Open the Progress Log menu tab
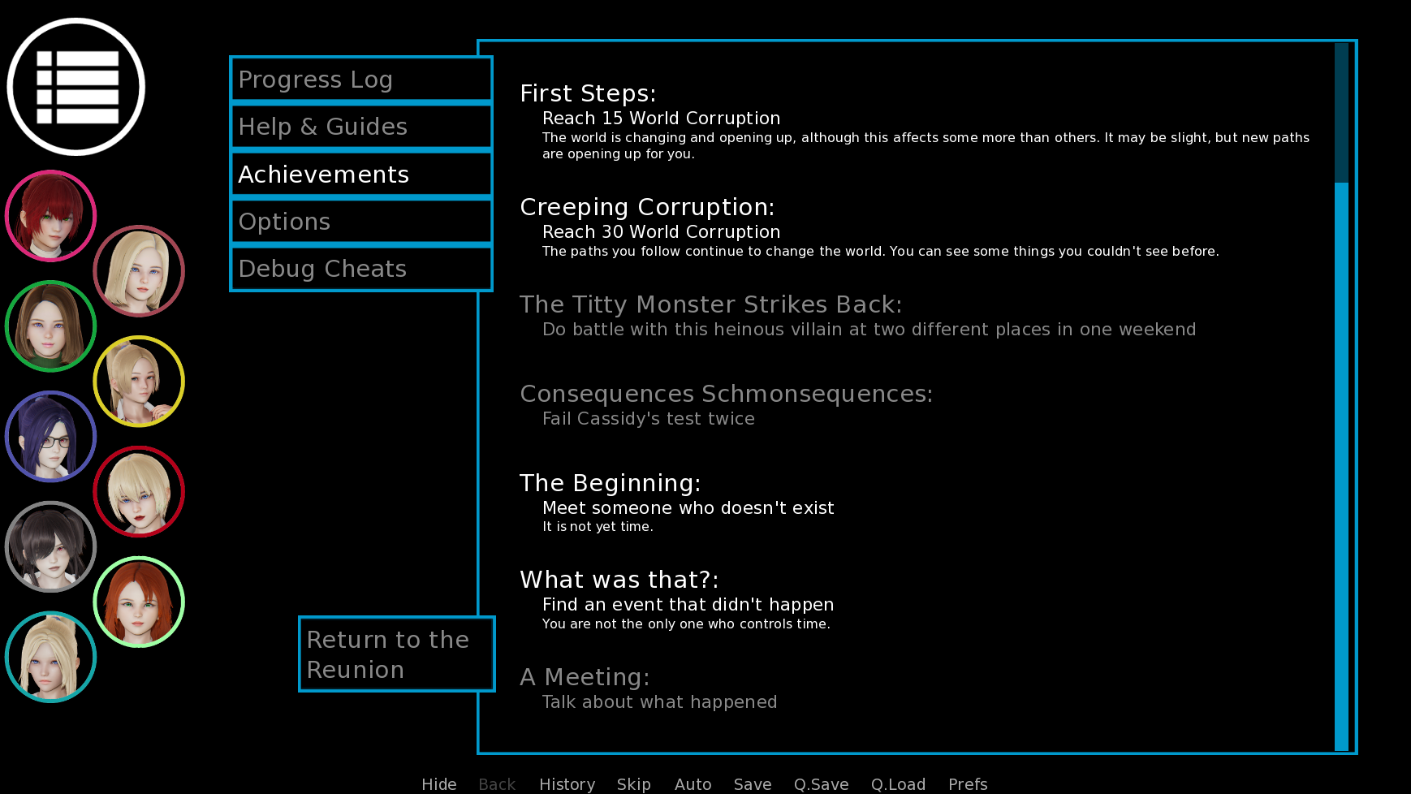pos(361,80)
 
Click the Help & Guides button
pos(361,127)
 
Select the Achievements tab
pos(361,175)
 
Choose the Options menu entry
pos(361,222)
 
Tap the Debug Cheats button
pos(361,269)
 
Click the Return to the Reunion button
pos(397,654)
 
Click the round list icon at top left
pos(76,87)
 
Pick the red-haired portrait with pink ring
pos(50,216)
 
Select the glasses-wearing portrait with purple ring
pos(50,437)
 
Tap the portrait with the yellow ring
pos(139,382)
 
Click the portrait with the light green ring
pos(139,602)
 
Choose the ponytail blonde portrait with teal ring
pos(50,658)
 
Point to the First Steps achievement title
pos(588,93)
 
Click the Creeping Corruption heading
pos(647,208)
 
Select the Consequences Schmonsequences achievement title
pos(726,394)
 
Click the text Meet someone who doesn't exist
pos(688,508)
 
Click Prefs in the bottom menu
pos(968,784)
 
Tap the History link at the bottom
pos(567,784)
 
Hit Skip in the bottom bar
pos(633,784)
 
